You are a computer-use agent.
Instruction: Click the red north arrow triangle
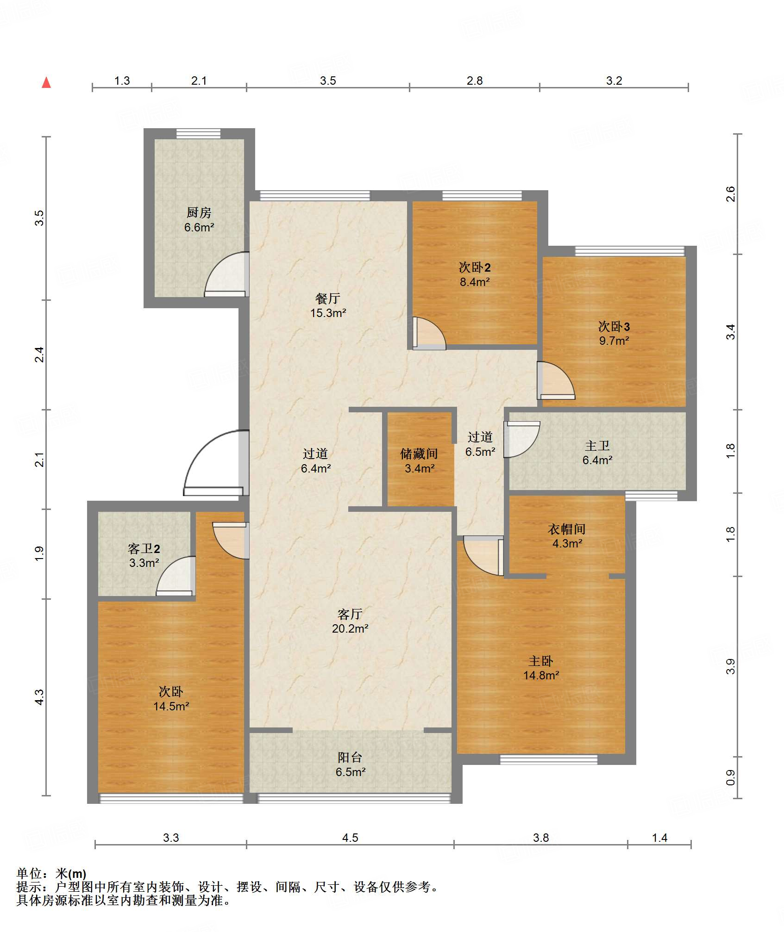click(x=46, y=83)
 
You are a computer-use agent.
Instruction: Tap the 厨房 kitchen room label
click(x=199, y=212)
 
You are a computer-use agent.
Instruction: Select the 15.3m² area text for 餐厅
click(x=328, y=313)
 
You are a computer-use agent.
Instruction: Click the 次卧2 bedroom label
click(x=475, y=267)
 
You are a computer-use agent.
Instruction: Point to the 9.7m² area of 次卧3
click(x=614, y=341)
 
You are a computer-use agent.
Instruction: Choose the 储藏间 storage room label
click(x=419, y=454)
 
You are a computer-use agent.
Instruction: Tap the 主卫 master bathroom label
click(x=597, y=446)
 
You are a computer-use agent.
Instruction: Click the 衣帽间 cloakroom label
click(x=567, y=529)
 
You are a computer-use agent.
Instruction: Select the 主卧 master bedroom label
click(x=541, y=661)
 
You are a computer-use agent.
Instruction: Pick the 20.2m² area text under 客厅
click(x=350, y=628)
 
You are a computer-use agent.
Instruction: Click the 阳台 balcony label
click(x=350, y=757)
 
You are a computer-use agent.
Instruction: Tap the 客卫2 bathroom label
click(x=144, y=549)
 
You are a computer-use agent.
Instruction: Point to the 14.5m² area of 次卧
click(x=171, y=706)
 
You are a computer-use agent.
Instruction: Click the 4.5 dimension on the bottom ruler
click(x=350, y=838)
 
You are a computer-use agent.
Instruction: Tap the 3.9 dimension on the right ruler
click(x=731, y=666)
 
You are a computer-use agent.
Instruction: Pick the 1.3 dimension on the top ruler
click(x=122, y=81)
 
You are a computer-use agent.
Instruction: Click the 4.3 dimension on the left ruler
click(x=40, y=697)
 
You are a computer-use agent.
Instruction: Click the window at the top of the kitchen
click(x=199, y=134)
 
